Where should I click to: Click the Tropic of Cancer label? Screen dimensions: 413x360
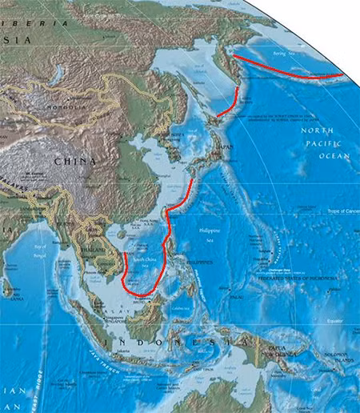(x=342, y=211)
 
